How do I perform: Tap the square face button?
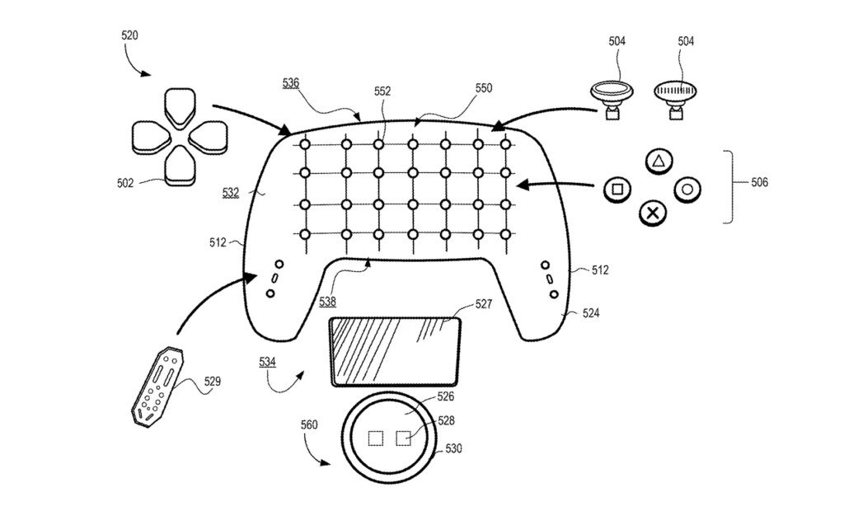pyautogui.click(x=617, y=189)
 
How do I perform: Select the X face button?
pyautogui.click(x=653, y=213)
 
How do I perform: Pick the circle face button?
pyautogui.click(x=687, y=190)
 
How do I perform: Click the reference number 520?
pyautogui.click(x=129, y=35)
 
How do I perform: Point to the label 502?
pyautogui.click(x=125, y=183)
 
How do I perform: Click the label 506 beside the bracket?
pyautogui.click(x=759, y=182)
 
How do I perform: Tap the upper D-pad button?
pyautogui.click(x=179, y=105)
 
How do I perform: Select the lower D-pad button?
pyautogui.click(x=180, y=166)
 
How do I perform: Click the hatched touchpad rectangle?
pyautogui.click(x=395, y=352)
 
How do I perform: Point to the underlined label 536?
pyautogui.click(x=291, y=83)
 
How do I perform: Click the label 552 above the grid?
pyautogui.click(x=382, y=91)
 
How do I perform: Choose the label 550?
pyautogui.click(x=483, y=87)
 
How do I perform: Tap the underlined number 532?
pyautogui.click(x=231, y=192)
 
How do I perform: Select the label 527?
pyautogui.click(x=483, y=304)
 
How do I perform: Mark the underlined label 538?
pyautogui.click(x=327, y=302)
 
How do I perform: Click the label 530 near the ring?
pyautogui.click(x=453, y=448)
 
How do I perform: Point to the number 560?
pyautogui.click(x=309, y=425)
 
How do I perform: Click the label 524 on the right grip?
pyautogui.click(x=590, y=313)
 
